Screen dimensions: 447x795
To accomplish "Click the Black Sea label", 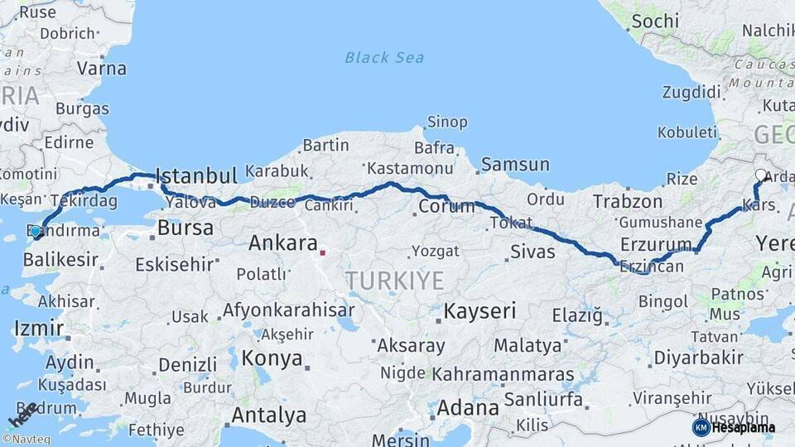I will point(384,57).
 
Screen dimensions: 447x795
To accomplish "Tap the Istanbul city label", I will point(196,175).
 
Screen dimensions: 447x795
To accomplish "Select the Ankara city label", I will point(283,243).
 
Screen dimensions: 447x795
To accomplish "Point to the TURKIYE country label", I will point(394,281).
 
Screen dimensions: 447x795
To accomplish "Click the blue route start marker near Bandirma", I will point(36,231).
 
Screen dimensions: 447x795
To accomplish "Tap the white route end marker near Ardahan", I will point(761,175).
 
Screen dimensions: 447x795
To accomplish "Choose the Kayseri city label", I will point(479,311).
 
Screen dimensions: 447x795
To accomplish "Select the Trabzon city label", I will point(627,201).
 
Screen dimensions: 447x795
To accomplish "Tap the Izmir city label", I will point(38,329).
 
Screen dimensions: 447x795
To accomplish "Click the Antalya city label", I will point(269,415).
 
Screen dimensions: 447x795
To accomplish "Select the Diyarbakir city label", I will point(698,358).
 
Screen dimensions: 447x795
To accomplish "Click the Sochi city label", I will point(654,21).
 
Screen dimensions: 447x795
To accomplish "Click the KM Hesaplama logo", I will point(734,427).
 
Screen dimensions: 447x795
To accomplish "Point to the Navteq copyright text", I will point(26,440).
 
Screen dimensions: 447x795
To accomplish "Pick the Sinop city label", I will point(446,123).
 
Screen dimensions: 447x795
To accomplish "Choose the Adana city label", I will point(468,407).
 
